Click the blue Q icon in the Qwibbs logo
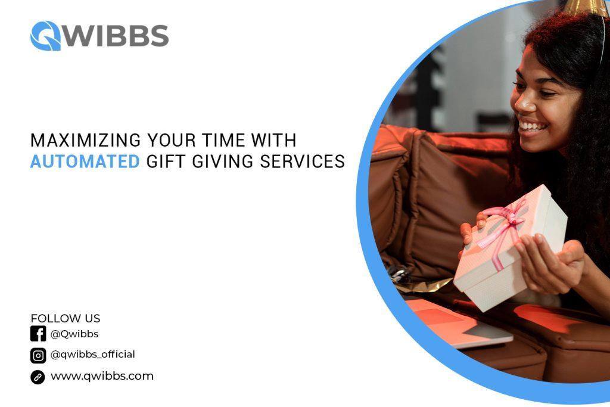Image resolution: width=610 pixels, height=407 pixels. [45, 36]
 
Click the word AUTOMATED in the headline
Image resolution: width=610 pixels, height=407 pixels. [85, 161]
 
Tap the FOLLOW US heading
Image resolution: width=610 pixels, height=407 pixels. [66, 318]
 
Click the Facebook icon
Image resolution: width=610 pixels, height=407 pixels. [38, 334]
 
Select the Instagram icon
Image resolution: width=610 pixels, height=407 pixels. [38, 355]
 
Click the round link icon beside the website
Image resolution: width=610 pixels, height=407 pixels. [38, 377]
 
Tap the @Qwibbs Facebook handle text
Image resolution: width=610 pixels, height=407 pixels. [74, 334]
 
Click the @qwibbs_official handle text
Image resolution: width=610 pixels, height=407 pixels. [92, 355]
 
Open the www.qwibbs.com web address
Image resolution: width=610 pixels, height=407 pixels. [102, 376]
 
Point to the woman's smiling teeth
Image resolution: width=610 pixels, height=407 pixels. [532, 126]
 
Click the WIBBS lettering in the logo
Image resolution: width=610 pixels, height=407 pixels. [116, 36]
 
